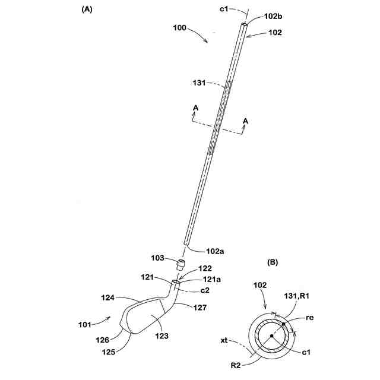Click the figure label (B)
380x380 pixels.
[274, 261]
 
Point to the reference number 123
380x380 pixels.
[161, 336]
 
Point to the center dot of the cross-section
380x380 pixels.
[271, 336]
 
